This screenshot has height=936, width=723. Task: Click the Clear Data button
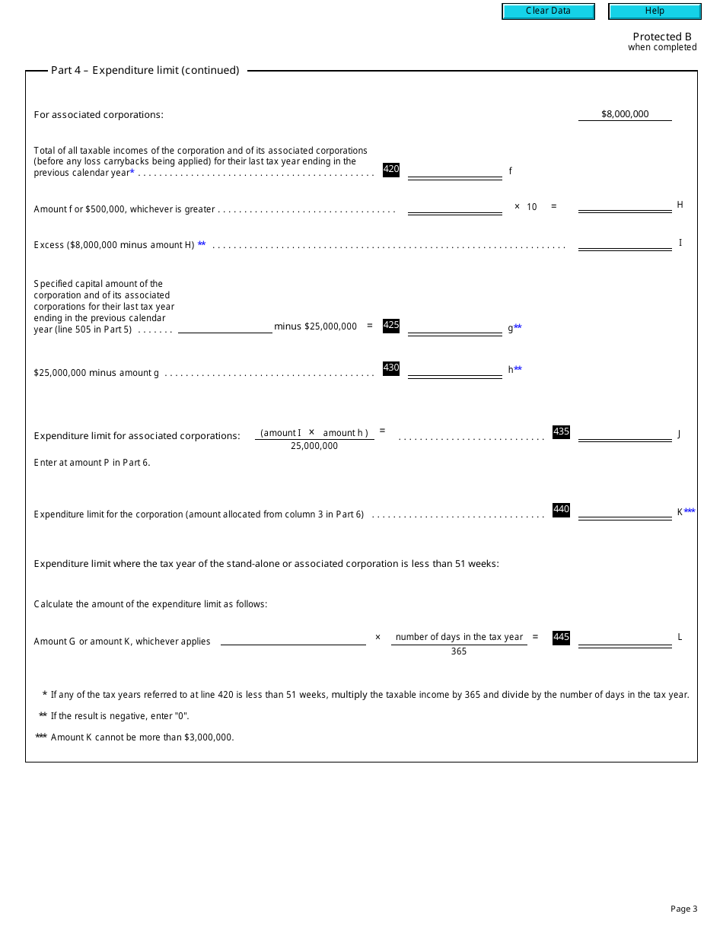[548, 11]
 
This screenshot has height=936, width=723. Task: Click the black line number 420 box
[391, 170]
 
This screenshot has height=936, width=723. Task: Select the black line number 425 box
[391, 326]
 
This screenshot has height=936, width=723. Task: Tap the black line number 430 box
[391, 368]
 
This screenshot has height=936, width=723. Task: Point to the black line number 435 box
[561, 432]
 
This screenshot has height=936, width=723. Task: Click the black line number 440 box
[561, 510]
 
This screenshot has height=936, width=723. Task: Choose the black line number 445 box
[561, 638]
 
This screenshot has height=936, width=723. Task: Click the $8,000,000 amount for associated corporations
[625, 114]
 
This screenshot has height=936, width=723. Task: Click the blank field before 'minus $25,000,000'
[225, 326]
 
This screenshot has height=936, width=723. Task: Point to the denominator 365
[459, 651]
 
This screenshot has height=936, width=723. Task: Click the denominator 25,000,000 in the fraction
[314, 446]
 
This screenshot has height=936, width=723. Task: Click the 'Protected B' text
[662, 37]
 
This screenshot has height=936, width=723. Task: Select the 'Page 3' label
[683, 909]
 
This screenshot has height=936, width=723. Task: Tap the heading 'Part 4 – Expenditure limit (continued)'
[145, 71]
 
